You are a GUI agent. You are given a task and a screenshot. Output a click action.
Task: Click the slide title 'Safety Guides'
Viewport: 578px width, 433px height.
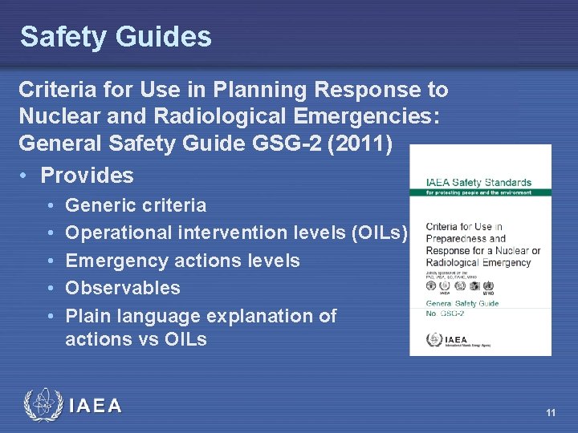[x=116, y=36]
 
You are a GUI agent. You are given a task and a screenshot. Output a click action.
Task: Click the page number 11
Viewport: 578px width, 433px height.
[x=550, y=413]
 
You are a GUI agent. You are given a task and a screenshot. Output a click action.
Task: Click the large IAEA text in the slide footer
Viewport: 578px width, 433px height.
[x=96, y=406]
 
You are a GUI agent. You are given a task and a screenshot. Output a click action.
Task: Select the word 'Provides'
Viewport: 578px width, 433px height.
[x=87, y=175]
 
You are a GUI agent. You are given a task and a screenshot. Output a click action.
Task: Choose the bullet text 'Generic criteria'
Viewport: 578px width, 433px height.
[x=135, y=205]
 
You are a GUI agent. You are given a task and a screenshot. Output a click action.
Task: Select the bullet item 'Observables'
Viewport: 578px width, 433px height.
[x=122, y=288]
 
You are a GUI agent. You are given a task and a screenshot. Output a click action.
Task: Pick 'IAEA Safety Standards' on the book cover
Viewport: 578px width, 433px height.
[x=478, y=183]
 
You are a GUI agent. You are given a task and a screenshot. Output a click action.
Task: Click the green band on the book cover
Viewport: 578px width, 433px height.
[x=480, y=192]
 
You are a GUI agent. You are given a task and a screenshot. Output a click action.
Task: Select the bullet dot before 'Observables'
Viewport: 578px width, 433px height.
[x=51, y=288]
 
